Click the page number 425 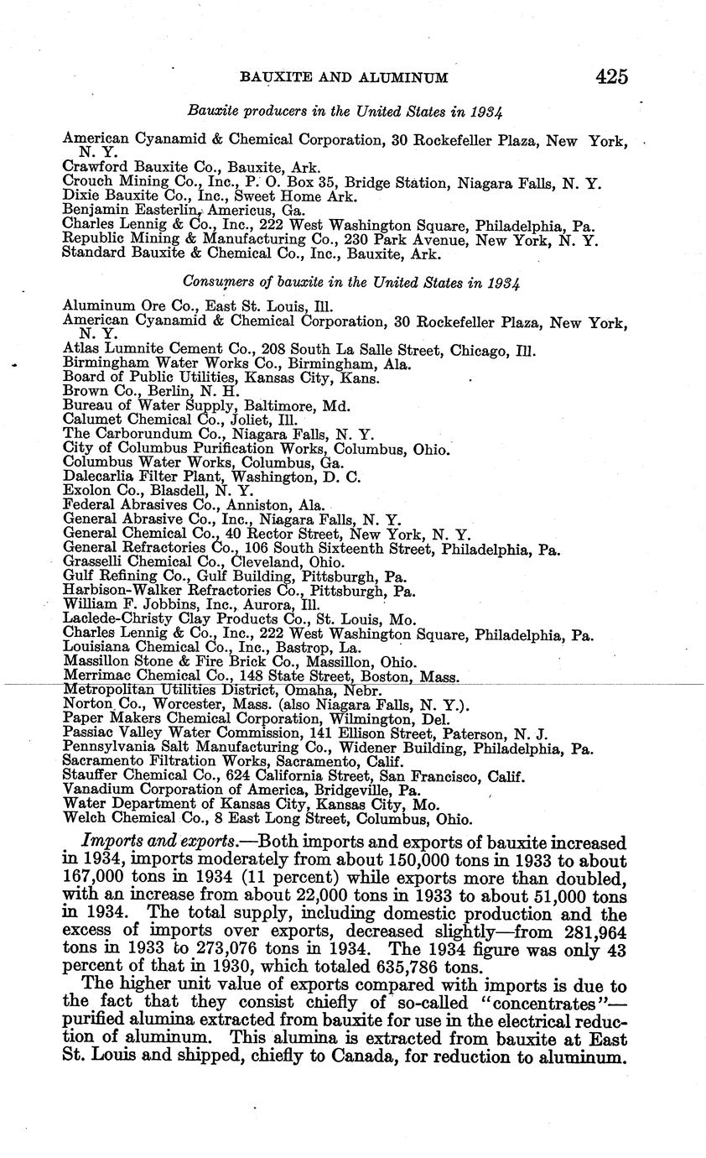coord(612,76)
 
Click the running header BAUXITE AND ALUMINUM coord(344,78)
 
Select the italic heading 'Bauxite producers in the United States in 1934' coord(345,111)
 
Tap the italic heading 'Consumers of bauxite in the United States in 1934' coord(345,282)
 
